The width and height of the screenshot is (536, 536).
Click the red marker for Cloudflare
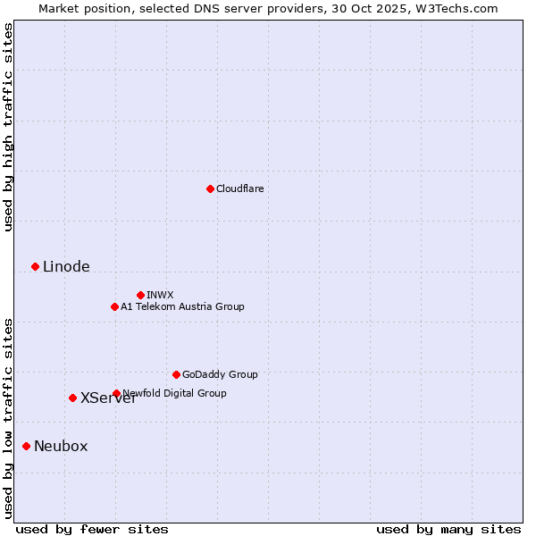210,188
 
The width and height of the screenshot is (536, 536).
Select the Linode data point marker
35,266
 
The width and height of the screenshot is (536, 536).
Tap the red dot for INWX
140,295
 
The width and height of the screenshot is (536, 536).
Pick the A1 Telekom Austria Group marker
114,306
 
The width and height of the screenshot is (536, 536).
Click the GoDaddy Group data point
176,374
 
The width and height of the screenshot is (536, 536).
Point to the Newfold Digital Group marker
116,393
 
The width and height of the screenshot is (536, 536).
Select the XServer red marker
72,398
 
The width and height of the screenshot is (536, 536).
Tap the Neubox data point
26,446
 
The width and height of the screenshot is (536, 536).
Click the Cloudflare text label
239,188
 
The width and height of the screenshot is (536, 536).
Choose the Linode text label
66,266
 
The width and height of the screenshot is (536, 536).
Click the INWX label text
160,295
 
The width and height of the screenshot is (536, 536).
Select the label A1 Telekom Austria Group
182,306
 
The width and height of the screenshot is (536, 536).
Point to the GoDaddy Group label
220,374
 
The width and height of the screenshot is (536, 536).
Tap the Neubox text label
61,446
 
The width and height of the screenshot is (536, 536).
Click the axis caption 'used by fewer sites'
92,529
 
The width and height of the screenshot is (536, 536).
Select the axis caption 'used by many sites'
448,529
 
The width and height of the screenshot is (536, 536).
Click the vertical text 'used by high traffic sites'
8,127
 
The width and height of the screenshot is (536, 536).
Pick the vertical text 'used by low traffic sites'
8,417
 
